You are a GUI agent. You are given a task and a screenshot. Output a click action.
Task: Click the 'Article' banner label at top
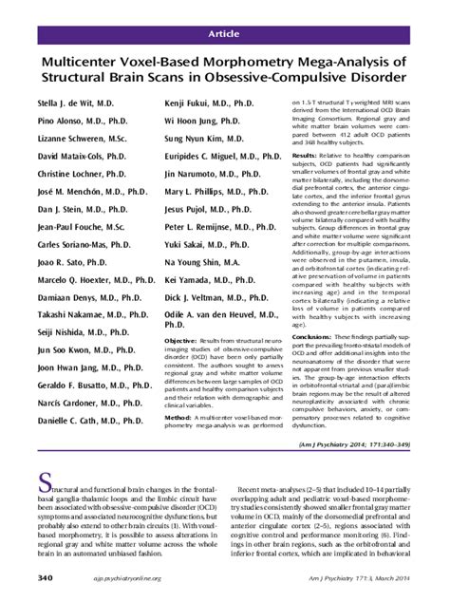tap(224, 33)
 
